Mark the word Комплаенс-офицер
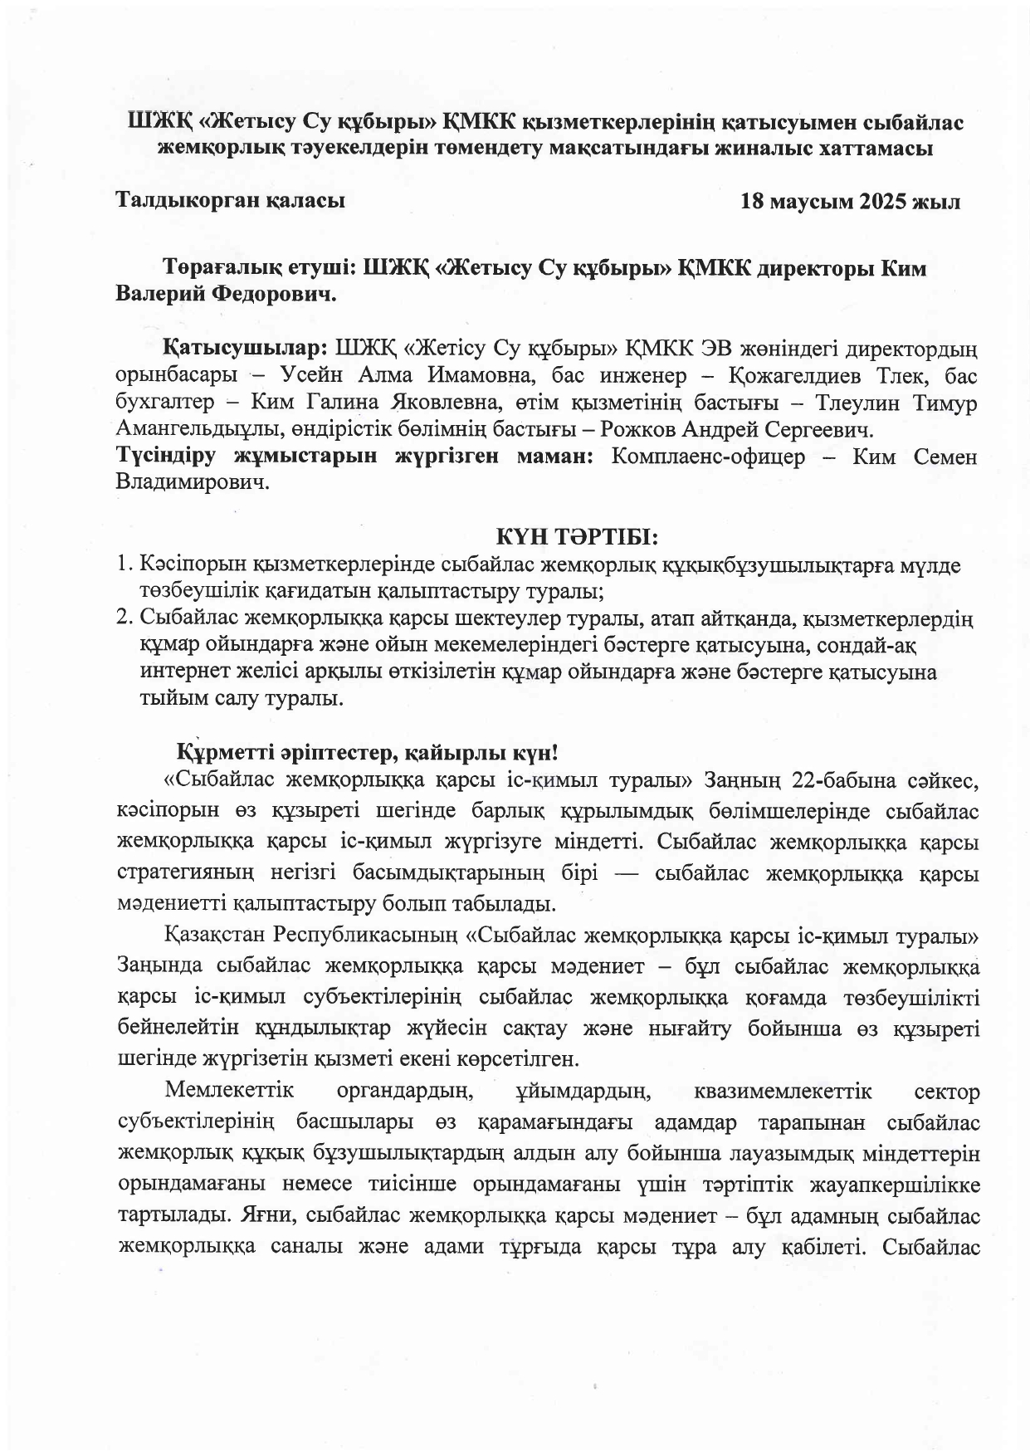[x=708, y=457]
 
